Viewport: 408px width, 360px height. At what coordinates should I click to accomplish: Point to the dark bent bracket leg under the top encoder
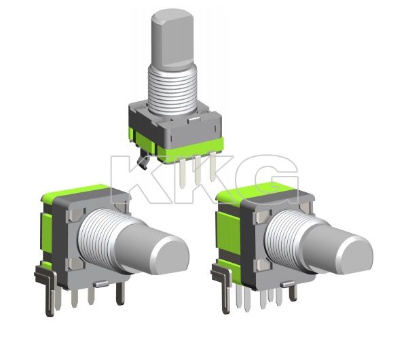[x=143, y=161]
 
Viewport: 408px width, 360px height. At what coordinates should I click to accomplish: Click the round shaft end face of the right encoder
[x=354, y=252]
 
